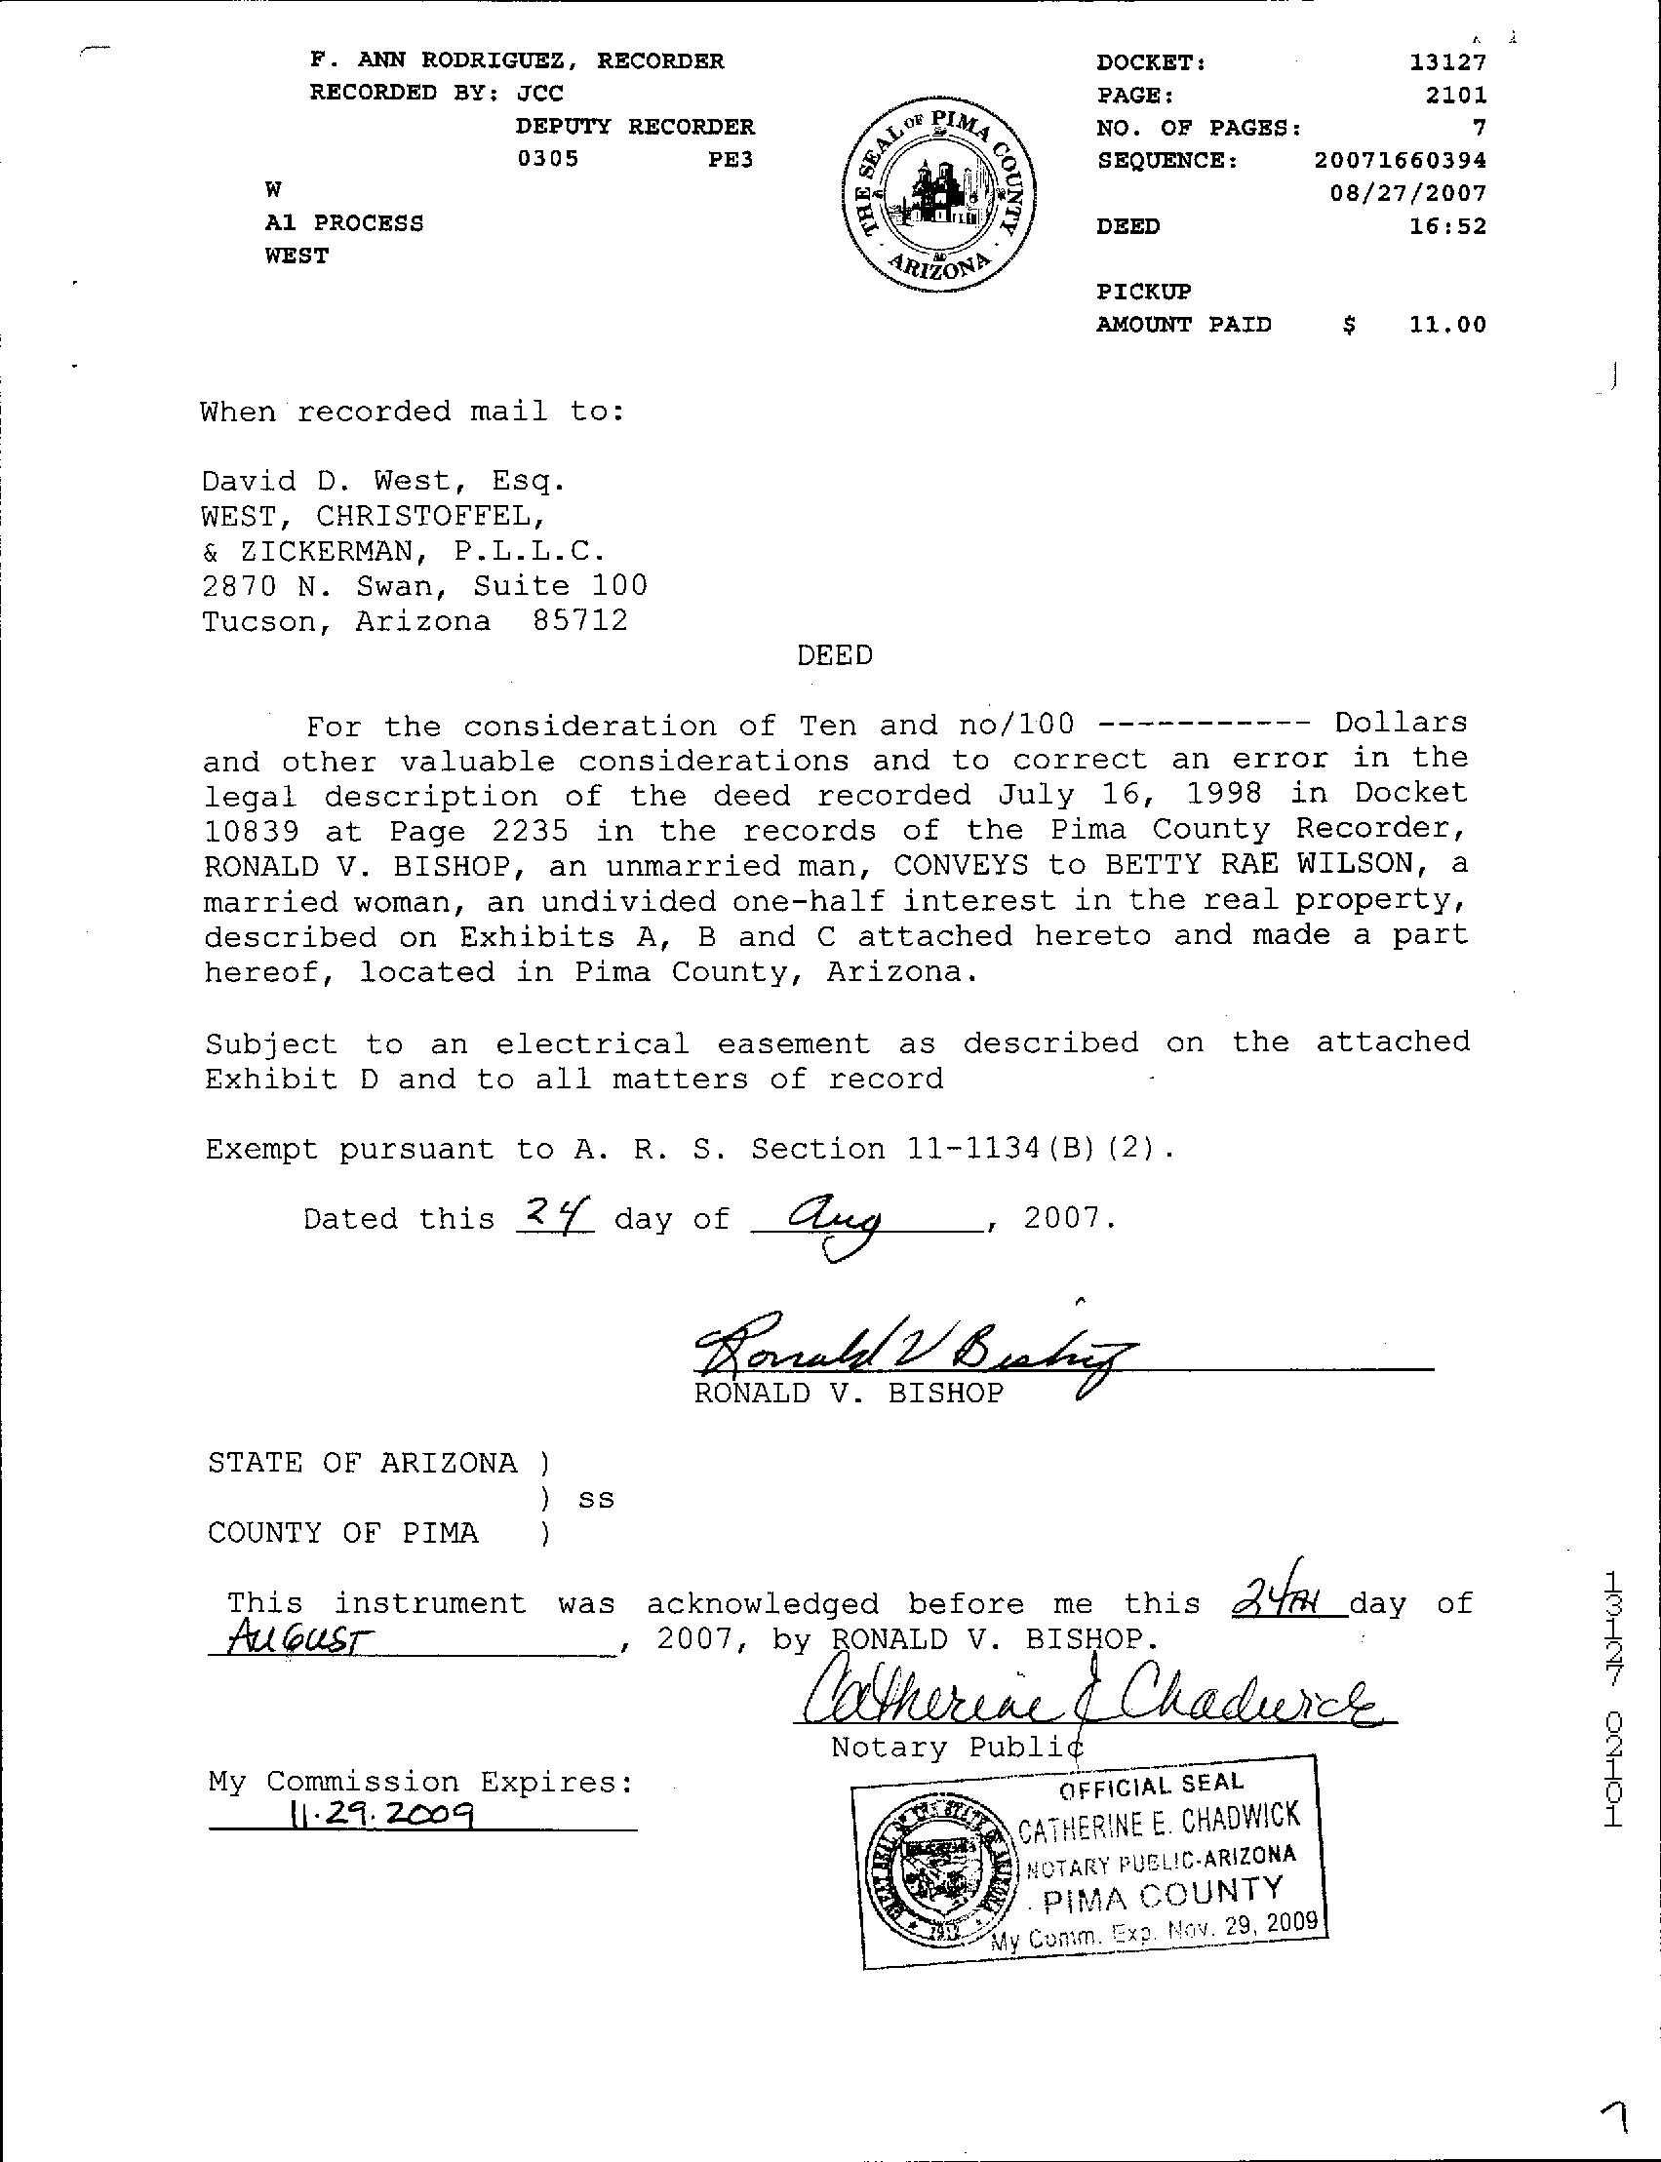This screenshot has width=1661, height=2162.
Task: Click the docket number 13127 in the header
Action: click(1447, 62)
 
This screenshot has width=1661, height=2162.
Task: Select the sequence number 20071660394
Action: click(1400, 160)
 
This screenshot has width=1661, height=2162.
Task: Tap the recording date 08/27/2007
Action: click(1407, 193)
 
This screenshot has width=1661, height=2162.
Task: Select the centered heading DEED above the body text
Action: click(835, 655)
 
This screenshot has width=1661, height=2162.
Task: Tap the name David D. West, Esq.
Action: click(383, 482)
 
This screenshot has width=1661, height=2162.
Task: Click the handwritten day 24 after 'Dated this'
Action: click(555, 1212)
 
